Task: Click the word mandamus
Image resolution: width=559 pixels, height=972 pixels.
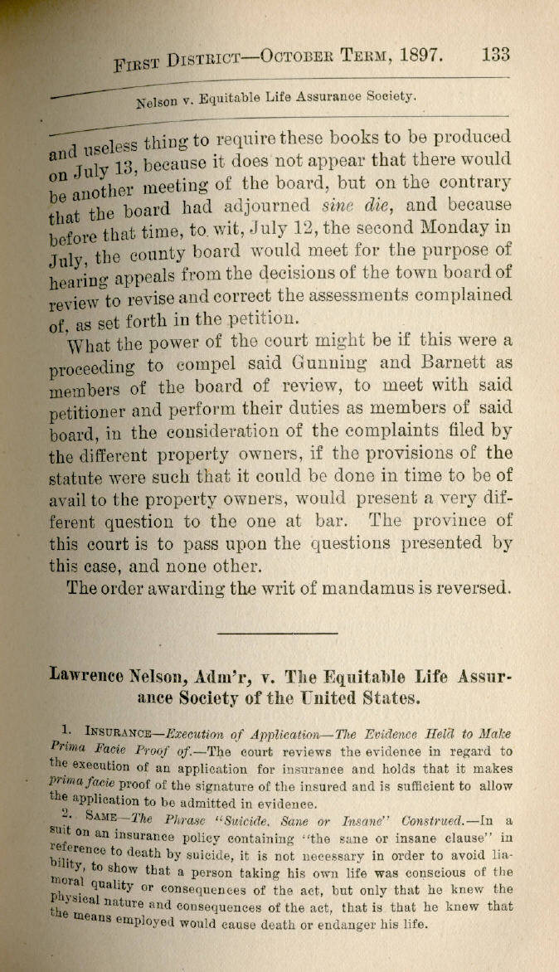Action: click(349, 587)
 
